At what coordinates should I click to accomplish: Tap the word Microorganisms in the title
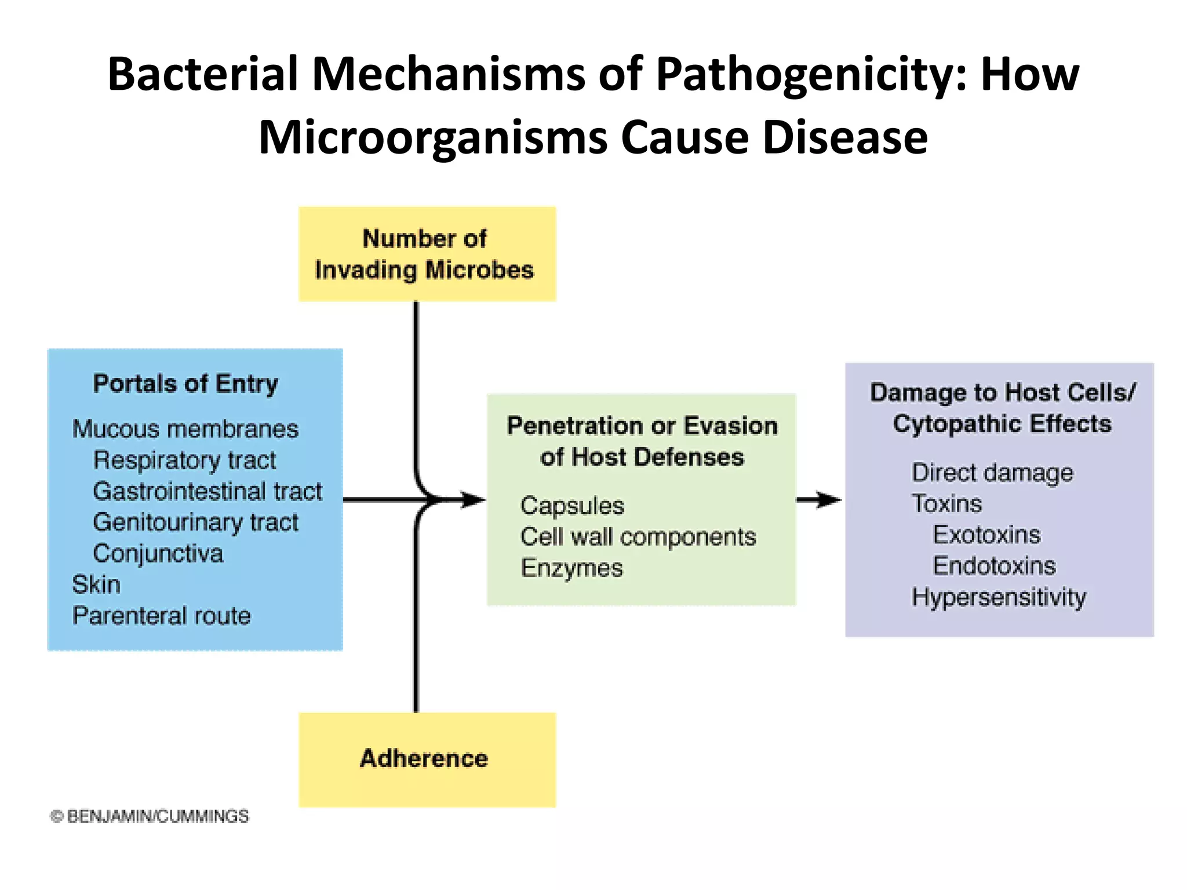(x=432, y=138)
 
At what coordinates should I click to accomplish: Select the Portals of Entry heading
(x=185, y=384)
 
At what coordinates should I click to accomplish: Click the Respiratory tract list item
(x=184, y=460)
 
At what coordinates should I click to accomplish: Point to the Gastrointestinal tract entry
(x=207, y=491)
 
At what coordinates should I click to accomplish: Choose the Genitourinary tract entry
(x=195, y=523)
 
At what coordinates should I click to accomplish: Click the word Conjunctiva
(x=158, y=553)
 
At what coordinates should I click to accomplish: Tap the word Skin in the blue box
(x=96, y=585)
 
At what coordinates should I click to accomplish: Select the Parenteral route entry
(x=161, y=616)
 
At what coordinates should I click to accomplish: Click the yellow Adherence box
(x=427, y=759)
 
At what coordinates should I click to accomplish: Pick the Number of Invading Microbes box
(x=427, y=254)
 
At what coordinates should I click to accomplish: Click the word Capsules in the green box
(x=572, y=506)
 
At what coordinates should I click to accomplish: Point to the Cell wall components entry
(x=638, y=537)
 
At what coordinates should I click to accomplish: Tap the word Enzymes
(x=571, y=568)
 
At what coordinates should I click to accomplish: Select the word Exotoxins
(x=986, y=535)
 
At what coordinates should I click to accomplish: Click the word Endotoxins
(x=994, y=566)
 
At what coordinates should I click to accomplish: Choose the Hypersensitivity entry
(x=999, y=597)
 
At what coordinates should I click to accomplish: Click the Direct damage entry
(x=992, y=473)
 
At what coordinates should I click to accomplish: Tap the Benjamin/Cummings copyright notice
(x=150, y=816)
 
